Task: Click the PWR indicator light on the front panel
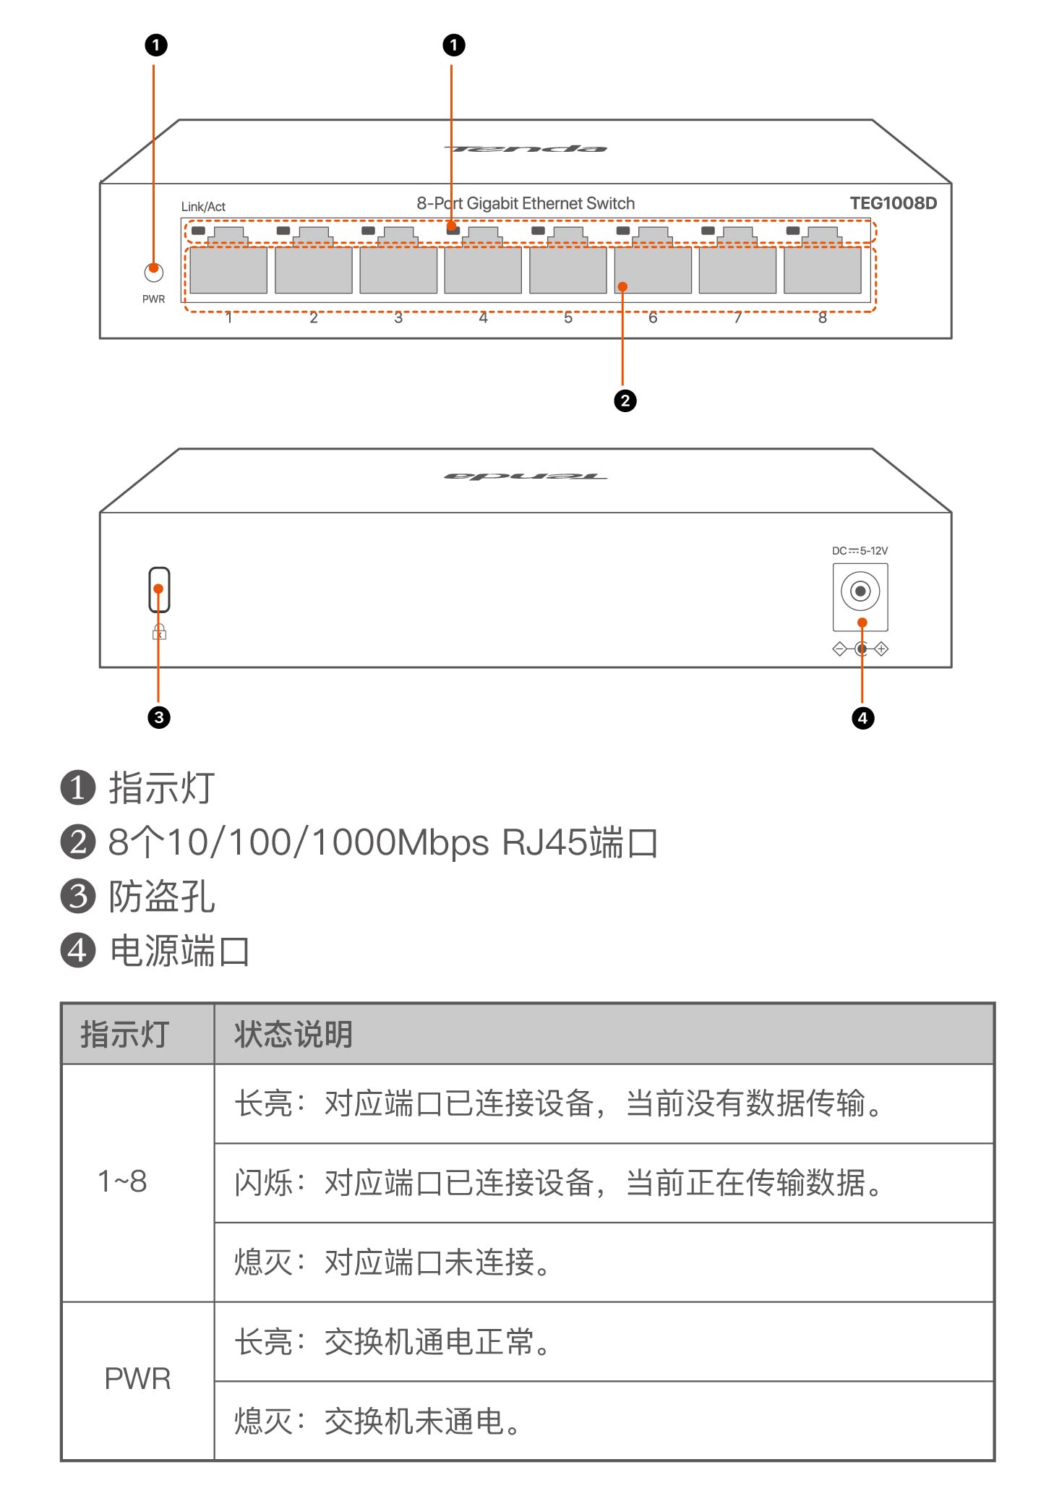pyautogui.click(x=153, y=273)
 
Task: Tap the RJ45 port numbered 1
pyautogui.click(x=228, y=270)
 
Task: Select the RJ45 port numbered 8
pyautogui.click(x=822, y=270)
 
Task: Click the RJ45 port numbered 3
pyautogui.click(x=398, y=270)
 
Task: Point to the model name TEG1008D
pyautogui.click(x=893, y=203)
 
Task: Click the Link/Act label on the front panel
pyautogui.click(x=203, y=207)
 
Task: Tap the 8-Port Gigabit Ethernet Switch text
pyautogui.click(x=526, y=204)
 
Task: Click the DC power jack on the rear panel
pyautogui.click(x=860, y=591)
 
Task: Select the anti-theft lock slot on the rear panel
pyautogui.click(x=159, y=589)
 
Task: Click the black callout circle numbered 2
pyautogui.click(x=625, y=401)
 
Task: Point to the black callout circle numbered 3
pyautogui.click(x=159, y=717)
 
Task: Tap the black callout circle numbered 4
pyautogui.click(x=862, y=718)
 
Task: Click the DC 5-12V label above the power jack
pyautogui.click(x=860, y=551)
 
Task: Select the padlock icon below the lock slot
pyautogui.click(x=159, y=633)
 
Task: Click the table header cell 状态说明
pyautogui.click(x=293, y=1035)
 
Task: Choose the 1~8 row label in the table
pyautogui.click(x=122, y=1182)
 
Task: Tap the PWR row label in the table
pyautogui.click(x=137, y=1379)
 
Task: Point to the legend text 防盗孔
pyautogui.click(x=161, y=897)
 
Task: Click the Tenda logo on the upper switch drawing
pyautogui.click(x=526, y=149)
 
